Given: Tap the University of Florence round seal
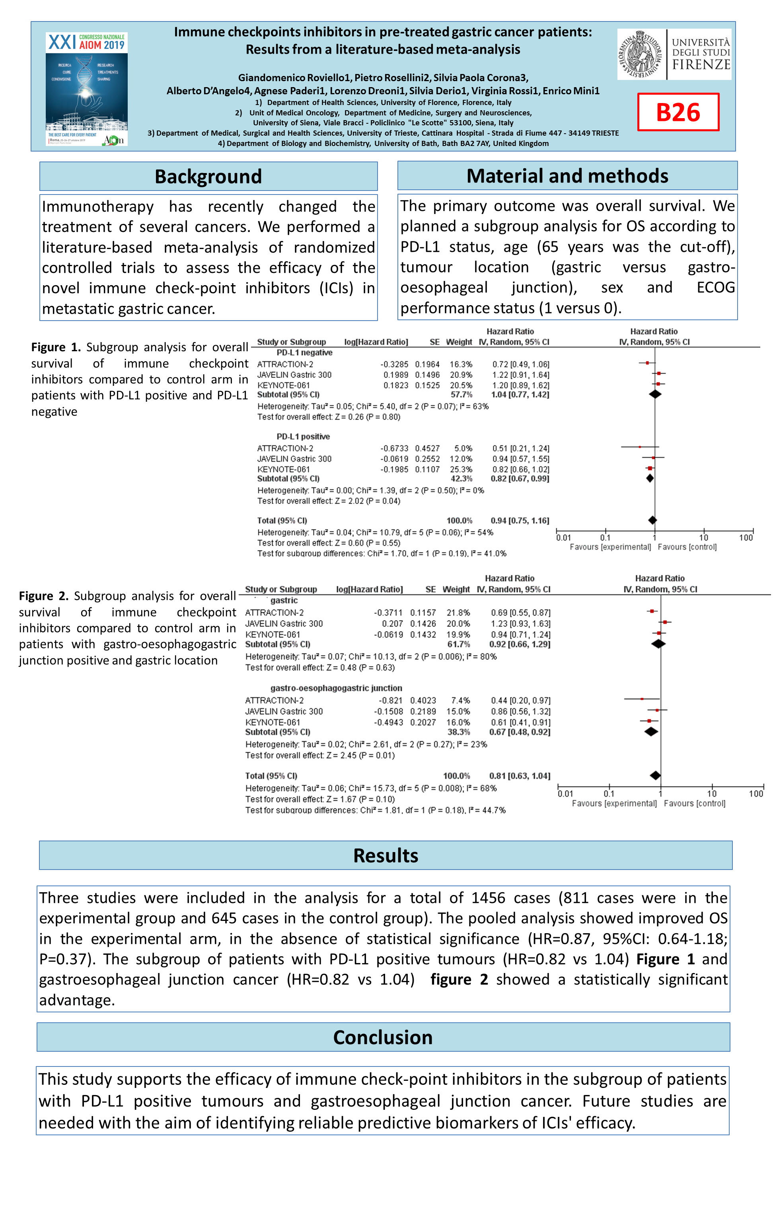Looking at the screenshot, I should pyautogui.click(x=641, y=54).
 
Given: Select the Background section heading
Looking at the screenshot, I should pyautogui.click(x=208, y=177).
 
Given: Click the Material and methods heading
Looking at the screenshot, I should pyautogui.click(x=567, y=176).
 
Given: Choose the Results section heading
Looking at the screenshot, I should pyautogui.click(x=386, y=856).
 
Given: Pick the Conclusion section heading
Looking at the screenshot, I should pyautogui.click(x=383, y=1037).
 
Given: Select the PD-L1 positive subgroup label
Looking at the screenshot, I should pyautogui.click(x=303, y=436).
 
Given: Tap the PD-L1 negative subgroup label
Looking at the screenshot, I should pyautogui.click(x=304, y=353).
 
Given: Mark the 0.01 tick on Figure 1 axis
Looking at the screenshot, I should pyautogui.click(x=563, y=537).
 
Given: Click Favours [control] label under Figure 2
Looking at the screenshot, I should pyautogui.click(x=694, y=804).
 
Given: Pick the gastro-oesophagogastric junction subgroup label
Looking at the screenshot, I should pyautogui.click(x=336, y=688).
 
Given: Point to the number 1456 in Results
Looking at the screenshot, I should pyautogui.click(x=488, y=898).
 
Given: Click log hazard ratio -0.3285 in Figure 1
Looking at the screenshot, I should pyautogui.click(x=394, y=364).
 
